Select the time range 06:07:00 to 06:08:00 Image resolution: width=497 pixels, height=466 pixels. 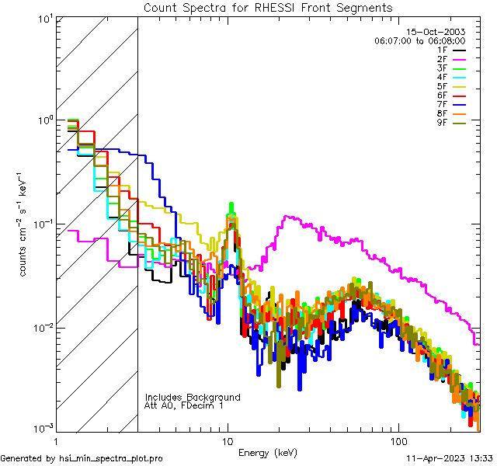pos(420,40)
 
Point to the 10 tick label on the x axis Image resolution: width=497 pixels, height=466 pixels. pos(228,440)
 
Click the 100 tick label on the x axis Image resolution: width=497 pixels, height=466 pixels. pos(398,440)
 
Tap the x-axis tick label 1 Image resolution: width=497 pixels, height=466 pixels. pos(56,440)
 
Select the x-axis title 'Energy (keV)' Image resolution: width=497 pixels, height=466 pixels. pos(267,452)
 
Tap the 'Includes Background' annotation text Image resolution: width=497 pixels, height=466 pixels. pos(193,397)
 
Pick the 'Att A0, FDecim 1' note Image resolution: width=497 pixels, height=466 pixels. pos(184,405)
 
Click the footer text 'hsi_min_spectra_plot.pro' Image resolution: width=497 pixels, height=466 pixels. pos(111,458)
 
